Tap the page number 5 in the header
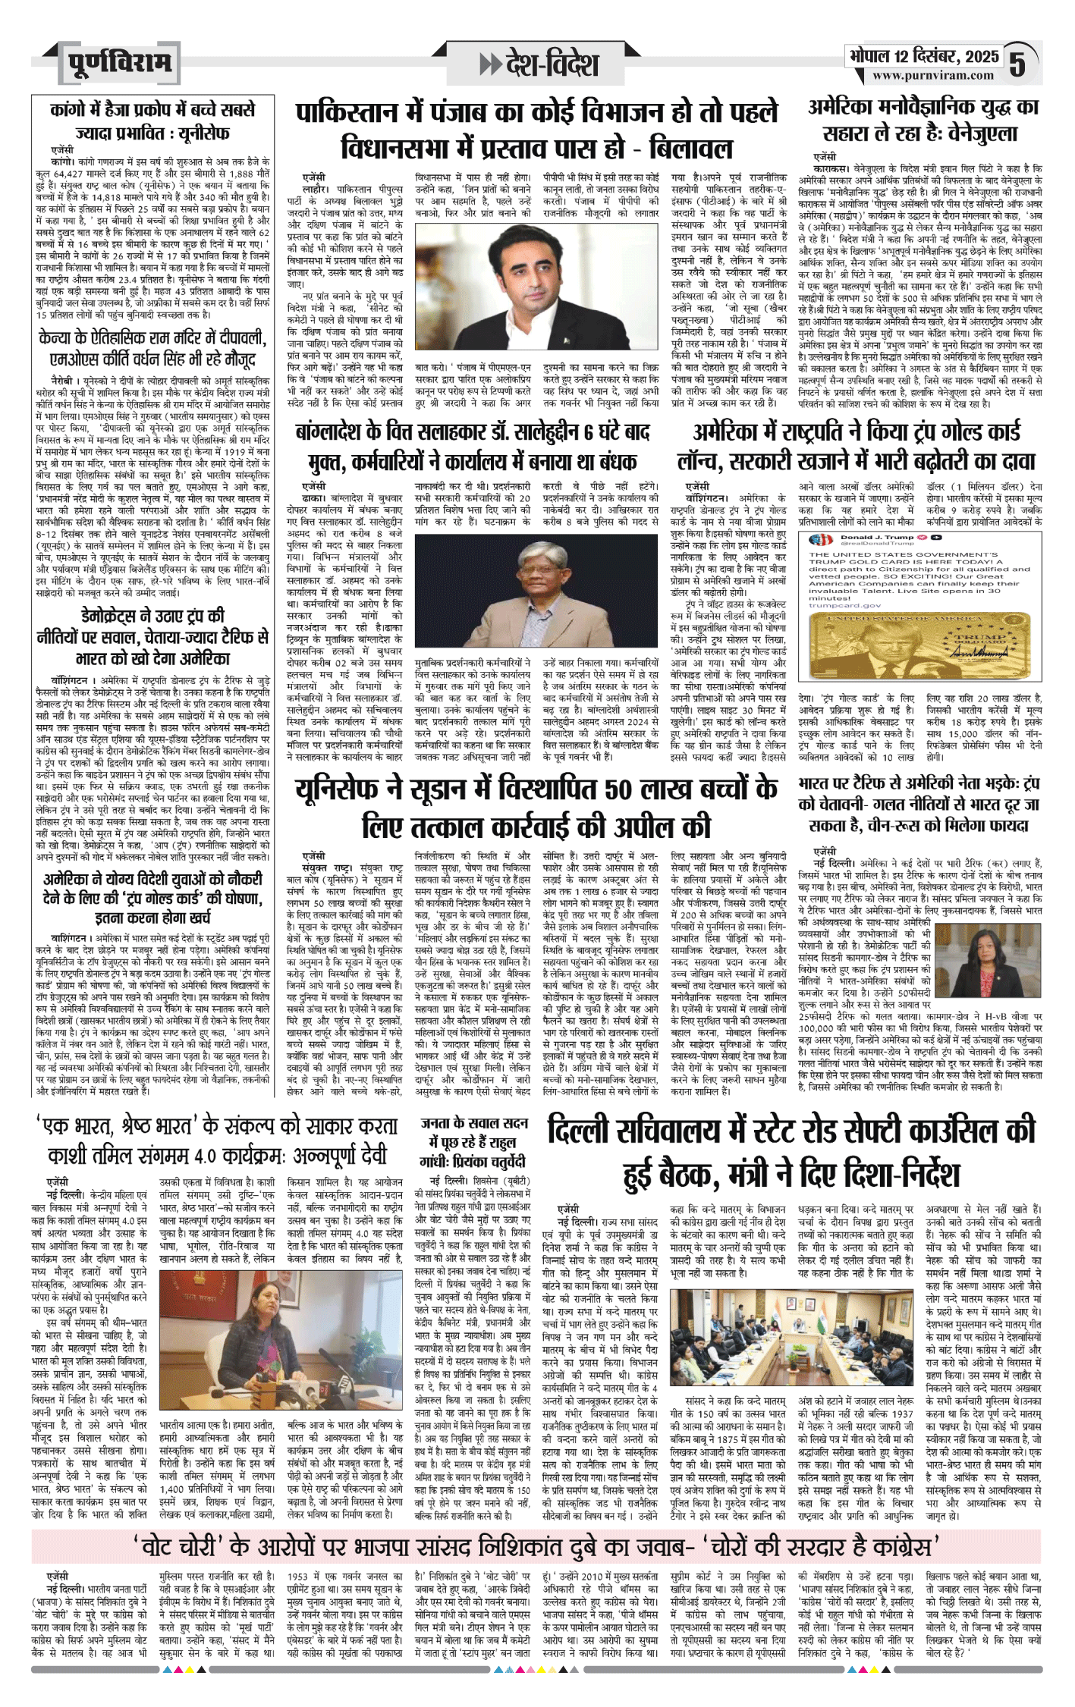(x=1017, y=64)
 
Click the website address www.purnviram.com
(x=932, y=75)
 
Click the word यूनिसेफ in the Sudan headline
(x=341, y=789)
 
